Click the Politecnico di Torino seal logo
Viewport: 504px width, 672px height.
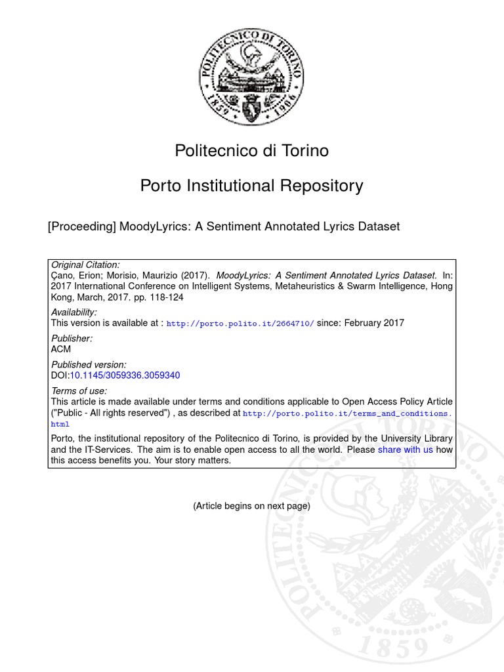point(251,77)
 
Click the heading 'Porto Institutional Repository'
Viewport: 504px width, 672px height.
point(251,186)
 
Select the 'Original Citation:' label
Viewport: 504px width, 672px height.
point(85,264)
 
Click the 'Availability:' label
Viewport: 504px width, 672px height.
point(73,312)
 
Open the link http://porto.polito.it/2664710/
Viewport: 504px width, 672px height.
point(240,324)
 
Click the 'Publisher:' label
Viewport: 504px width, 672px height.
point(72,339)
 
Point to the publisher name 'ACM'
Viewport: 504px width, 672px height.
point(60,349)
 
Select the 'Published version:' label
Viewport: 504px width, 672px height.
point(89,365)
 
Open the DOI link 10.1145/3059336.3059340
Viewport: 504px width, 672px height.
point(125,375)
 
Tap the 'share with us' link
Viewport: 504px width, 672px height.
point(405,450)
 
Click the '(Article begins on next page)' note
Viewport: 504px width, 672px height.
point(251,506)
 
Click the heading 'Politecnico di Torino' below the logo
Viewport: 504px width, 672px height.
point(251,151)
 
